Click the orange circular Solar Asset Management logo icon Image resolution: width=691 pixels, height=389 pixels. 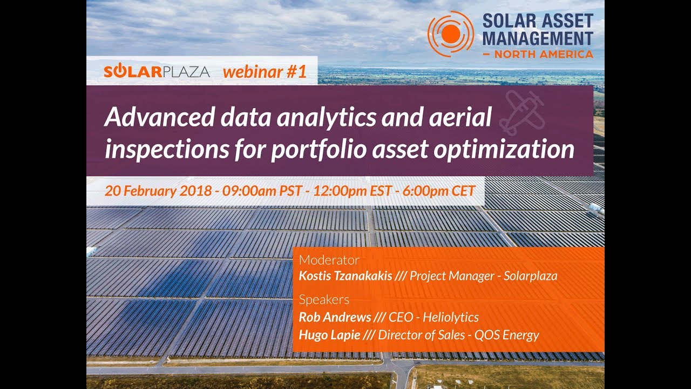[x=450, y=34]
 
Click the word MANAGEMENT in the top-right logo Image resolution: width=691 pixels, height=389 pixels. [x=537, y=38]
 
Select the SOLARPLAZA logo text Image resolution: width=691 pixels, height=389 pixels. [x=157, y=72]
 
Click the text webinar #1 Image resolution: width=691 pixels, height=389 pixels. [x=265, y=72]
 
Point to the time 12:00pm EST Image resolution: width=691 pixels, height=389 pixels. [x=335, y=191]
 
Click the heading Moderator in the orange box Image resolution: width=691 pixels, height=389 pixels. [x=329, y=260]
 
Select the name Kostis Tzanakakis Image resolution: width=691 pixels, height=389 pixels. [x=345, y=276]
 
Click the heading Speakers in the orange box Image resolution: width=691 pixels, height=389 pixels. [x=324, y=300]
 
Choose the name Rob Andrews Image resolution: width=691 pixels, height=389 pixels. [x=335, y=317]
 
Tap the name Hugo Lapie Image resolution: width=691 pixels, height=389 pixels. [x=329, y=335]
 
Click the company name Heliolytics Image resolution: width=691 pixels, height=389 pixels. [x=451, y=317]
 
